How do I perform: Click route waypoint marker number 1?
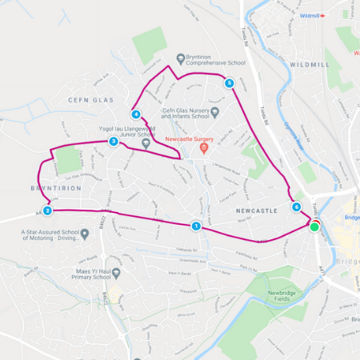(196, 226)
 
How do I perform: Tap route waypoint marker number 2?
(47, 210)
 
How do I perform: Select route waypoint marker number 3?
(114, 142)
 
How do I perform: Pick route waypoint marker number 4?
(137, 114)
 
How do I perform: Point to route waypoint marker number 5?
(230, 82)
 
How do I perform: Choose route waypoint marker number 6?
(297, 207)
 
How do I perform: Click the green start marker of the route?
(314, 226)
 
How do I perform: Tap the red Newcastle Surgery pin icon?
(204, 148)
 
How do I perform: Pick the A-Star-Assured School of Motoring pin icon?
(85, 234)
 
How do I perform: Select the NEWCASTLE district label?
(257, 210)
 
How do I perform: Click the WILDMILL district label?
(310, 63)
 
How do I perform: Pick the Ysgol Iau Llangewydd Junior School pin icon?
(146, 142)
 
